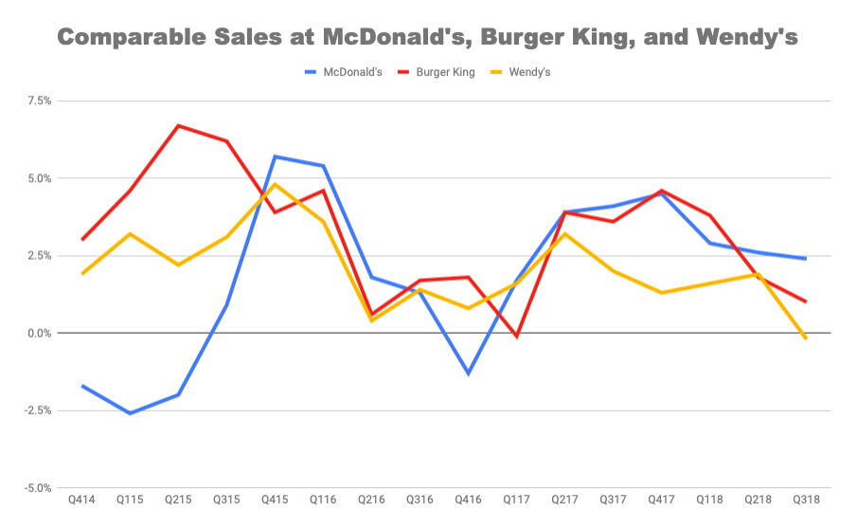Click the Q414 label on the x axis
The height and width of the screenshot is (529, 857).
[82, 500]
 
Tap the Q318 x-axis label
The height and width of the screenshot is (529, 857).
[805, 500]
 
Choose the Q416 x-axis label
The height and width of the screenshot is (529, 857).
[468, 500]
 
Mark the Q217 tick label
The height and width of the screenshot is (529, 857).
[564, 500]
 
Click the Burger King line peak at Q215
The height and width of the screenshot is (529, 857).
[178, 125]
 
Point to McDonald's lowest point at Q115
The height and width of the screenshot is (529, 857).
[130, 413]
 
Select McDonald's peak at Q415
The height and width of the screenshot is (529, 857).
[275, 156]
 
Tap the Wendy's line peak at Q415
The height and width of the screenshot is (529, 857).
[275, 184]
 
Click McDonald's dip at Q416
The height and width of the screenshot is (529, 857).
[468, 374]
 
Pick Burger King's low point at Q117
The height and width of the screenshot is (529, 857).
[516, 337]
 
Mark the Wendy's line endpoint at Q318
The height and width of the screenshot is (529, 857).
[805, 338]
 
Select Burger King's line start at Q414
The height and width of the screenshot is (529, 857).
[82, 240]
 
